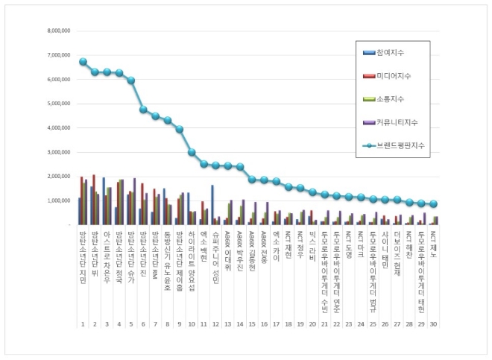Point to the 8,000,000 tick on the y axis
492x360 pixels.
(58, 31)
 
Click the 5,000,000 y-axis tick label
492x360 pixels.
(58, 104)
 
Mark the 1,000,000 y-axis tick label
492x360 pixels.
(58, 200)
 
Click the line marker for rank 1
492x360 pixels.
(83, 62)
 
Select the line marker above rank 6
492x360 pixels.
(143, 110)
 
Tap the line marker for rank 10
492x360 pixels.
(192, 152)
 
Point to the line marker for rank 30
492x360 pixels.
(434, 203)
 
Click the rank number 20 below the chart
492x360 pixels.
(312, 325)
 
